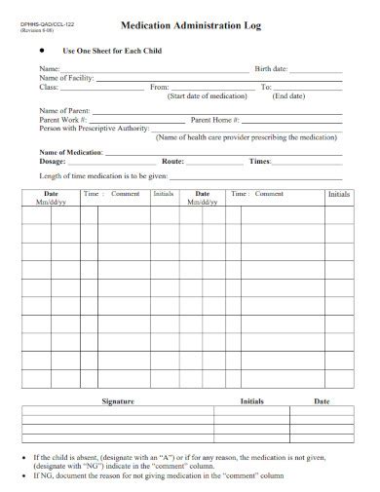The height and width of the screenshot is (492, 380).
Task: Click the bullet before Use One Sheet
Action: pos(40,49)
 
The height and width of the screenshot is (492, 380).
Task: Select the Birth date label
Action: pos(271,70)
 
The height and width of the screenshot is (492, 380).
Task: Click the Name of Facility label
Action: pos(66,79)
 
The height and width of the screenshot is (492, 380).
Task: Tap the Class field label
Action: pos(49,88)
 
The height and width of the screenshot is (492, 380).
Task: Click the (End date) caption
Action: pos(288,97)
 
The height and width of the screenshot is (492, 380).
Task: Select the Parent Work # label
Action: pos(63,120)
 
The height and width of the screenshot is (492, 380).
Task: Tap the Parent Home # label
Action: pos(215,120)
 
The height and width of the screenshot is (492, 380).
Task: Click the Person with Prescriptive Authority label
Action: pos(94,129)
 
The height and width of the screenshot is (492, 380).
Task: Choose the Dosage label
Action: pos(55,161)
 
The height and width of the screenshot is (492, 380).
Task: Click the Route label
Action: pos(172,161)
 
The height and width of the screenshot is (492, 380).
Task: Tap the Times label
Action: pos(260,161)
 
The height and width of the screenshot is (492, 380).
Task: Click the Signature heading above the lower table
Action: pos(118,401)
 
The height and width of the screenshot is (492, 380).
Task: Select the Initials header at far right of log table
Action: pos(338,195)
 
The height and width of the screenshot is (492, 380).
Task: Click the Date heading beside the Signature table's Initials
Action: pos(321,401)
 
